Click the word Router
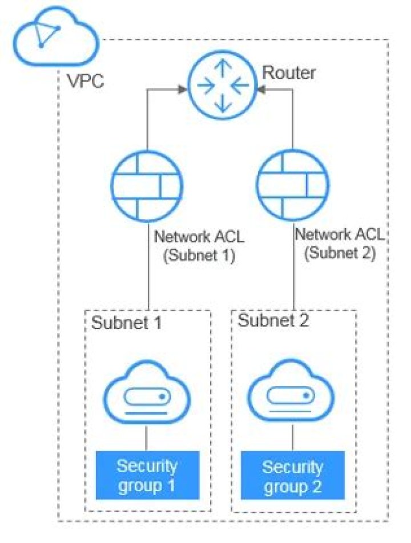(x=289, y=73)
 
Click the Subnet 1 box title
(x=126, y=323)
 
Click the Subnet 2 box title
(x=273, y=321)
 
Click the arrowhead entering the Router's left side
(x=182, y=89)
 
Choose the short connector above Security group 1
(x=147, y=439)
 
